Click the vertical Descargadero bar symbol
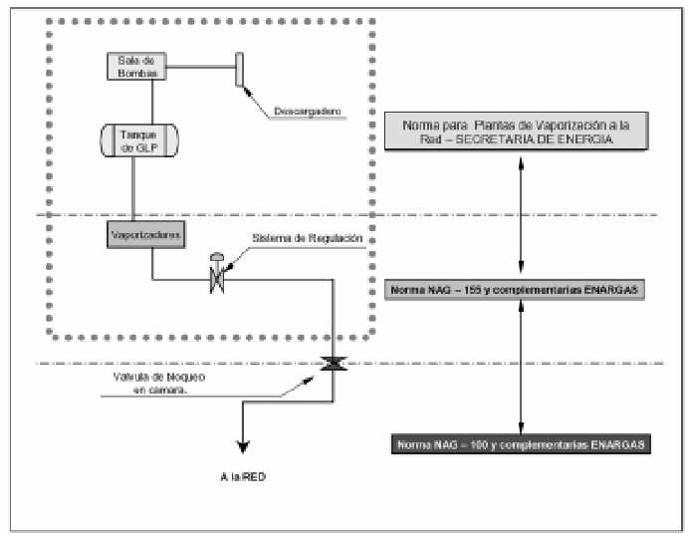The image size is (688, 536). coord(239,70)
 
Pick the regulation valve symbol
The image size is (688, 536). coord(214,274)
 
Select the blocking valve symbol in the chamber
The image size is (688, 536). coord(333,365)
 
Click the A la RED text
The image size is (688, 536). coord(244,477)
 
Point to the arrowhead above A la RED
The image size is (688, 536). coord(241,449)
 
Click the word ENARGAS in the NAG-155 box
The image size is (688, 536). coord(614,290)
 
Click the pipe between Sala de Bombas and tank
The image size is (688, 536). coord(151,100)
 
